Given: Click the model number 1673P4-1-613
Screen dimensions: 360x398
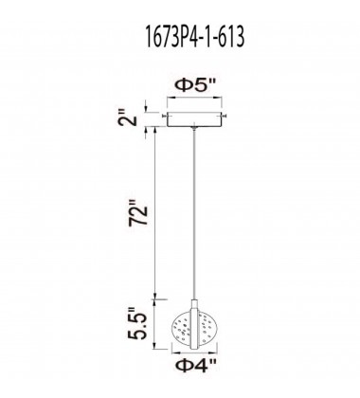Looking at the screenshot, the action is (194, 37).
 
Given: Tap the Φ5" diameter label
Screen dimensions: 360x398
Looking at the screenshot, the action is (194, 85).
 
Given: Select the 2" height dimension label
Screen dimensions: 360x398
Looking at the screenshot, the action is (129, 118).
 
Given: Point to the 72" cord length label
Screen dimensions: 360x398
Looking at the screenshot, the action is (138, 212).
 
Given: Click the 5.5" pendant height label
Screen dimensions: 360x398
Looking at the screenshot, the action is (137, 323).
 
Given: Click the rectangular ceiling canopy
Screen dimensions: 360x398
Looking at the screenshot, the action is (194, 119).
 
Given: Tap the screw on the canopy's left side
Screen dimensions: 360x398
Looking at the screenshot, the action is (164, 117).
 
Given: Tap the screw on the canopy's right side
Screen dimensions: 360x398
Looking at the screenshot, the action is (225, 117).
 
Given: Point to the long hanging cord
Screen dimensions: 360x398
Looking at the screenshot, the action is (194, 214).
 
